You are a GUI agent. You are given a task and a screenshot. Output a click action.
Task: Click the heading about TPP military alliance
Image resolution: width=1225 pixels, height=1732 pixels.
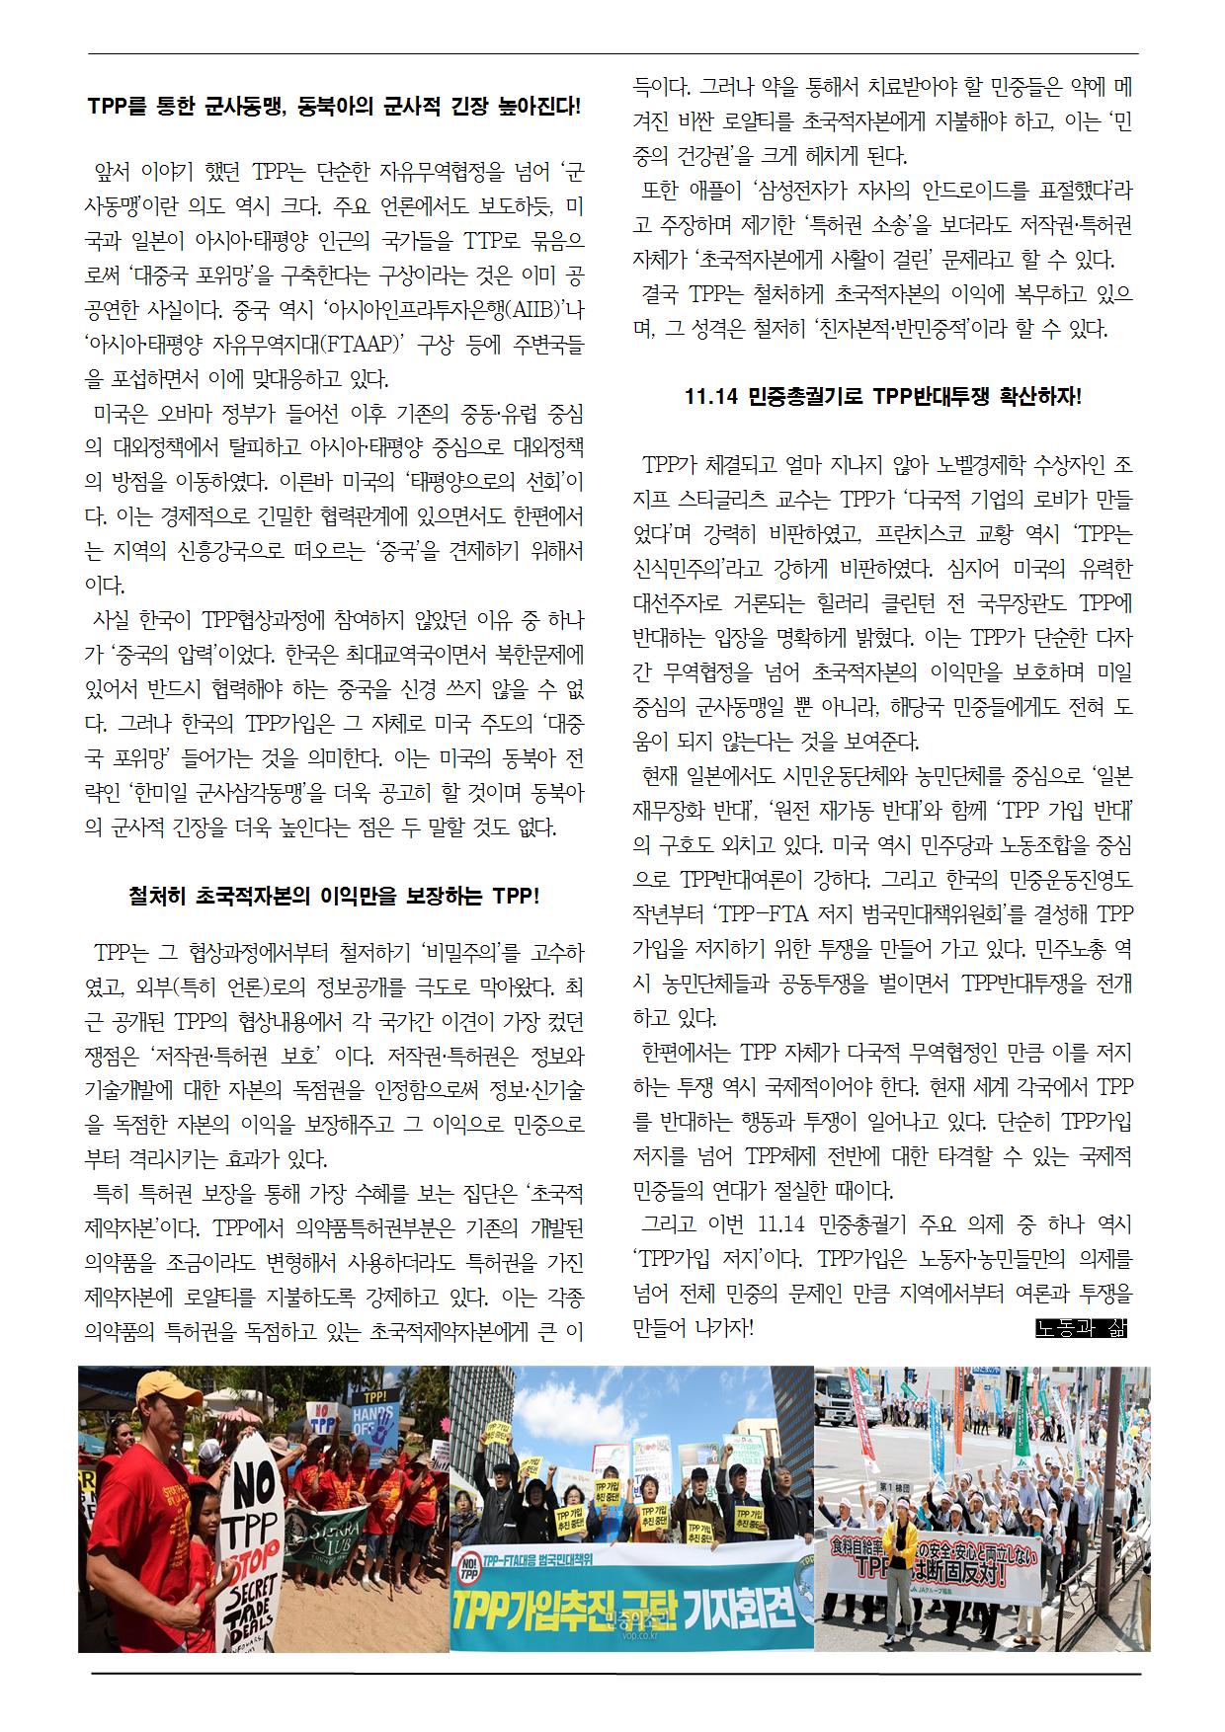click(x=334, y=108)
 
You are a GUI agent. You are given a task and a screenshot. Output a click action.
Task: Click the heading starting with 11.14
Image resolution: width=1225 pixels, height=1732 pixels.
click(x=882, y=397)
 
